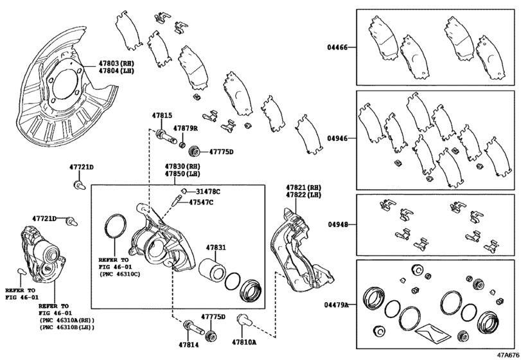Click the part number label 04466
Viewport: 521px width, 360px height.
click(338, 48)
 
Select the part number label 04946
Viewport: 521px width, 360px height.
click(338, 137)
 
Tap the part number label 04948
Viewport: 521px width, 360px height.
click(338, 225)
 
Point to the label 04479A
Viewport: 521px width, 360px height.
click(336, 304)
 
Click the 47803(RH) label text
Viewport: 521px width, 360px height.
click(117, 64)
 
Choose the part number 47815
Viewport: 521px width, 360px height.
click(162, 116)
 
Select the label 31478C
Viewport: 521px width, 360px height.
click(208, 192)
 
